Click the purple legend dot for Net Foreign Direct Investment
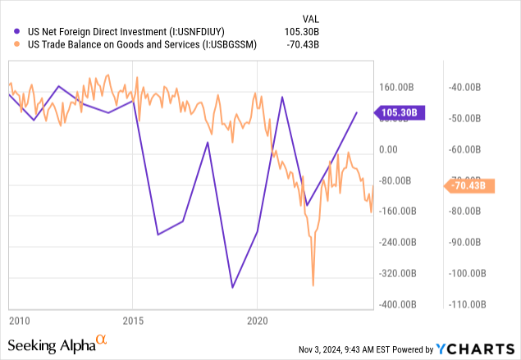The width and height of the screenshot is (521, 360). pos(12,32)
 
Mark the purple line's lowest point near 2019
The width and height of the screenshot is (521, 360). pos(233,288)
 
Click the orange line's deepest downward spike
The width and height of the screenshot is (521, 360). pos(313,285)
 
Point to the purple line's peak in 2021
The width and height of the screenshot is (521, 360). pos(282,97)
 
